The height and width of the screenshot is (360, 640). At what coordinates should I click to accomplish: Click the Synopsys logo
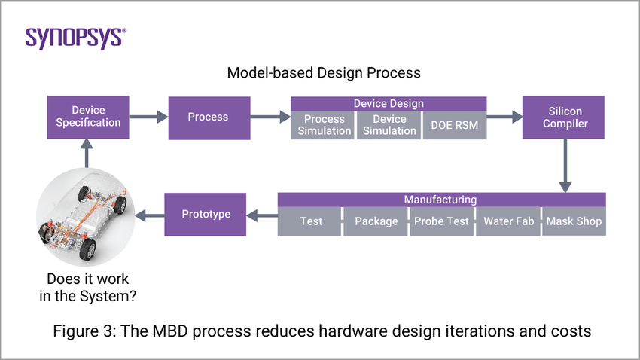click(x=76, y=38)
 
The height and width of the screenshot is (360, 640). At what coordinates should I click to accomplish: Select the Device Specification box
click(x=89, y=117)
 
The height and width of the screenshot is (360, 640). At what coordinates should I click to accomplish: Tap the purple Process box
click(x=209, y=117)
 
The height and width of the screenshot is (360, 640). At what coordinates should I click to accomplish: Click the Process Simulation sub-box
click(x=322, y=125)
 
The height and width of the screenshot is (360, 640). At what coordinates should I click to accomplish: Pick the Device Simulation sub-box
click(x=389, y=125)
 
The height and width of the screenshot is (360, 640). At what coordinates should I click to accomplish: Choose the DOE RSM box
click(x=455, y=125)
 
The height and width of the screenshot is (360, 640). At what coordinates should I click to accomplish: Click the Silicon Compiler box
click(x=563, y=117)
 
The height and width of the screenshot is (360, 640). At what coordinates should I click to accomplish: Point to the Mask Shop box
click(x=574, y=221)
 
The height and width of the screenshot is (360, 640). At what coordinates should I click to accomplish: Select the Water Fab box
click(x=508, y=221)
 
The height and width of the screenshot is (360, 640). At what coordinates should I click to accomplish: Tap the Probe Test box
click(x=441, y=221)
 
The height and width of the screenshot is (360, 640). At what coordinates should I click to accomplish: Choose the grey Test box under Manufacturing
click(x=310, y=221)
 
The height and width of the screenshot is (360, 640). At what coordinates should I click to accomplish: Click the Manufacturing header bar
click(x=441, y=200)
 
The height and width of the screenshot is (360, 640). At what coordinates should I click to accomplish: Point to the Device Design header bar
click(x=389, y=103)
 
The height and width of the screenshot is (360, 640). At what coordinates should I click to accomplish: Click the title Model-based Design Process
click(x=324, y=73)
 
